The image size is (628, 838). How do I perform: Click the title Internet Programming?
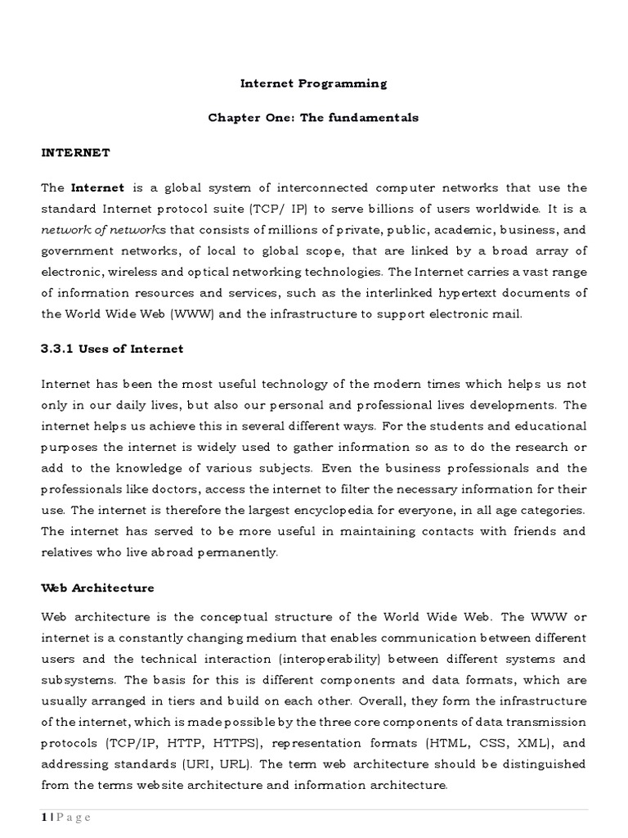pos(313,83)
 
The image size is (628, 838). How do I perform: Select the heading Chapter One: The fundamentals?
pos(313,118)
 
